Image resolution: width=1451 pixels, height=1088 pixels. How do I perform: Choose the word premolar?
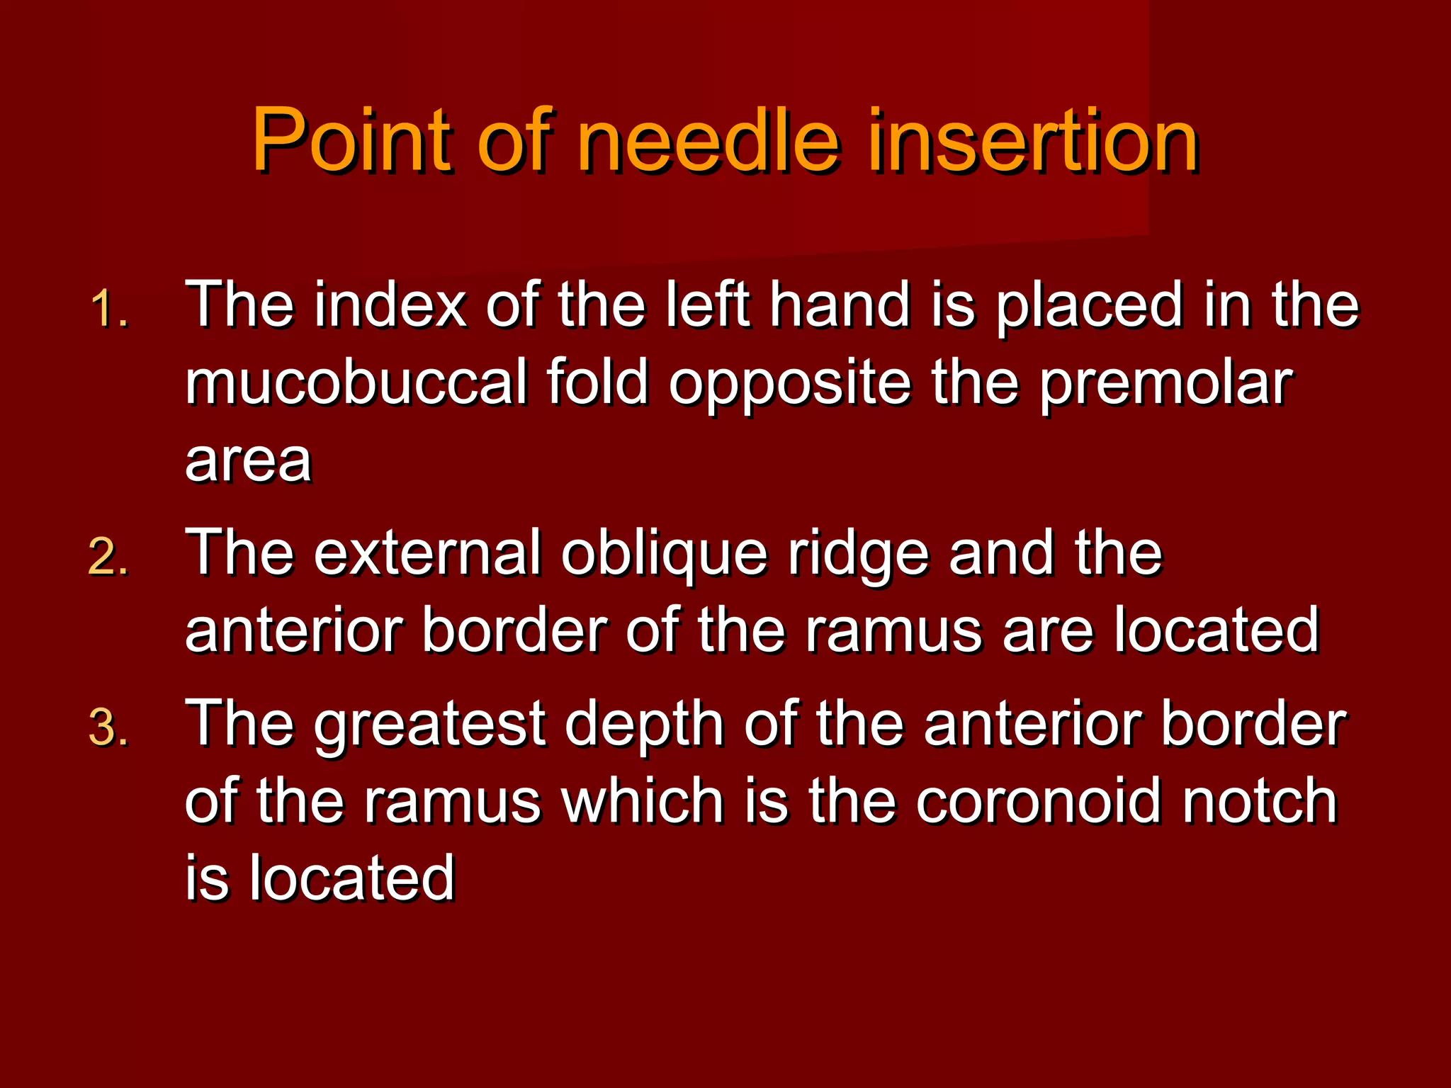point(1166,382)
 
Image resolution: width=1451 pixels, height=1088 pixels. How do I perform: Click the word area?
point(248,460)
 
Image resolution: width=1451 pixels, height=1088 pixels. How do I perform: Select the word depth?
point(644,724)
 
